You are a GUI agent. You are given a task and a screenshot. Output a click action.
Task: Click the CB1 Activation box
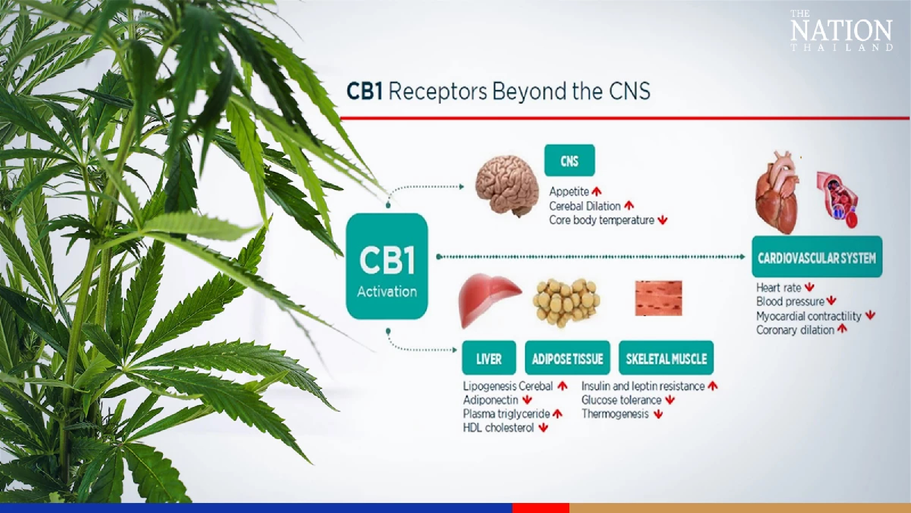[x=387, y=266]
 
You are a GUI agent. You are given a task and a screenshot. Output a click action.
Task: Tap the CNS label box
[x=569, y=161]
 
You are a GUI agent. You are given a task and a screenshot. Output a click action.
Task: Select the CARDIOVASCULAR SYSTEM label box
[x=817, y=258]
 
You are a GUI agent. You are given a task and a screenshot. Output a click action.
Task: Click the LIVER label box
[x=489, y=359]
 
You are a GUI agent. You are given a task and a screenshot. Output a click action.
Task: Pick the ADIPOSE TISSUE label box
[x=567, y=359]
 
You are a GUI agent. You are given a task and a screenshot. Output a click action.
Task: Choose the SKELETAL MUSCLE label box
[x=666, y=359]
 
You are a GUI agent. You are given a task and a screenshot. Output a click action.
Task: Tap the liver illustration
[x=488, y=298]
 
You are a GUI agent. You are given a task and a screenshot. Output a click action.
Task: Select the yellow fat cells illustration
[x=566, y=299]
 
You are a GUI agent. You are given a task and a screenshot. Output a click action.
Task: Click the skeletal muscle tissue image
[x=659, y=298]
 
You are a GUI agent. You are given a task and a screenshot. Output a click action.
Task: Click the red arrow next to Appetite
[x=597, y=192]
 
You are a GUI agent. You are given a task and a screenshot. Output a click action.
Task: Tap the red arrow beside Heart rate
[x=809, y=287]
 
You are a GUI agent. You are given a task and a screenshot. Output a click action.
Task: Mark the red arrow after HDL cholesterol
[x=543, y=428]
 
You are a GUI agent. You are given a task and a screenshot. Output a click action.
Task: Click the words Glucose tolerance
[x=621, y=400]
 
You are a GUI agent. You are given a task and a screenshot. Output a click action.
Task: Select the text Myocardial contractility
[x=809, y=316]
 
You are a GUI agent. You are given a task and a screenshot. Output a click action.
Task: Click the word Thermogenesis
[x=615, y=414]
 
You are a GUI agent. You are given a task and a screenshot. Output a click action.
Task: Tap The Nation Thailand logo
[x=841, y=31]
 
